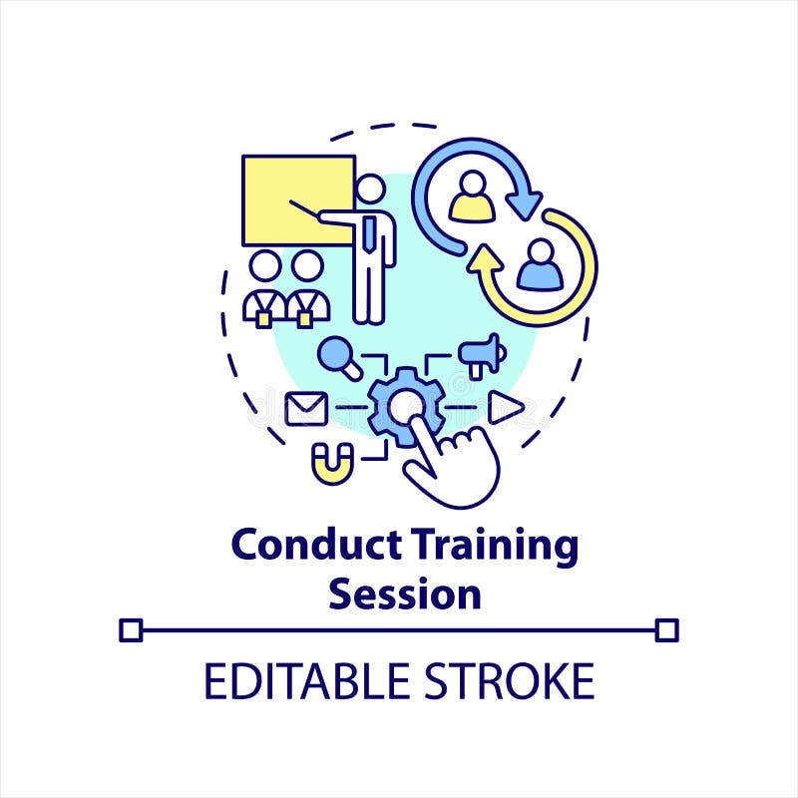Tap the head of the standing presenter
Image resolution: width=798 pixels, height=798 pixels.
[370, 189]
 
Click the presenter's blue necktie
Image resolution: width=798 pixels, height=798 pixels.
[370, 233]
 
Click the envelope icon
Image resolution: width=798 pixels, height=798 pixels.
[306, 408]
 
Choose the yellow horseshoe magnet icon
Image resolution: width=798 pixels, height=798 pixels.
[332, 462]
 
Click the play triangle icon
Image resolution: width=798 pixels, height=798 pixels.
[505, 407]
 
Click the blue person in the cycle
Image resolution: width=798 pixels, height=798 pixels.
[539, 266]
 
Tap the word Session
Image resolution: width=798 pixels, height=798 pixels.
[405, 594]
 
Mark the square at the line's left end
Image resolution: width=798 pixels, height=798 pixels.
[131, 629]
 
